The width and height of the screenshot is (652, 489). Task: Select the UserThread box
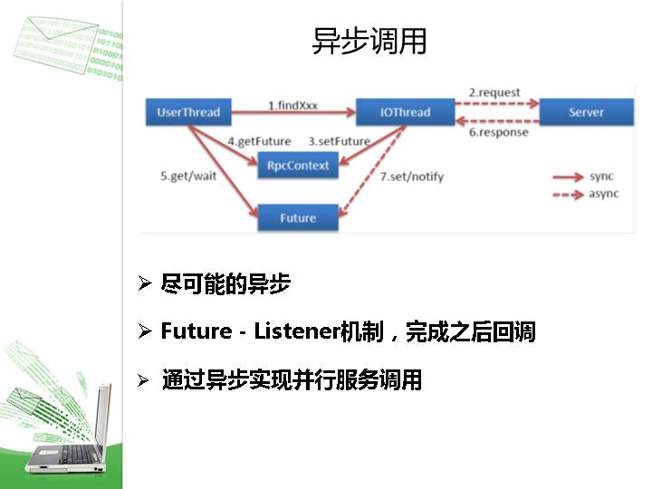point(188,112)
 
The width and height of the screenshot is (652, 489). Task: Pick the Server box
point(586,112)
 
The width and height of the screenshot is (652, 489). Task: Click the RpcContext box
point(298,166)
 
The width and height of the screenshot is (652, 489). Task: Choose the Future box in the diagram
point(298,217)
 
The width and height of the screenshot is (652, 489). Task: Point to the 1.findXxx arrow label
point(292,105)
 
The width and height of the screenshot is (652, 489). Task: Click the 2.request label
point(494,92)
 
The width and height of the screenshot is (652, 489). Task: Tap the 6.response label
point(498,132)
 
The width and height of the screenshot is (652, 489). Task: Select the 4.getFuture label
point(259,141)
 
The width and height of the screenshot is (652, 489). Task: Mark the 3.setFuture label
point(339,141)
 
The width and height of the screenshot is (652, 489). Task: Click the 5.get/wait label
point(188,176)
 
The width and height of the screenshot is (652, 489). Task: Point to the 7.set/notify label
point(411,176)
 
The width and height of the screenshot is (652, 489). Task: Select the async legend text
point(604,194)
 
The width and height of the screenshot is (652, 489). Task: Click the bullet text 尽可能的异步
point(225,284)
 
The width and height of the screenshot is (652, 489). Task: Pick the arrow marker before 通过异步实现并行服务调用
point(143,380)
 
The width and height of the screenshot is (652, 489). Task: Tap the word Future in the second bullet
point(196,332)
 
